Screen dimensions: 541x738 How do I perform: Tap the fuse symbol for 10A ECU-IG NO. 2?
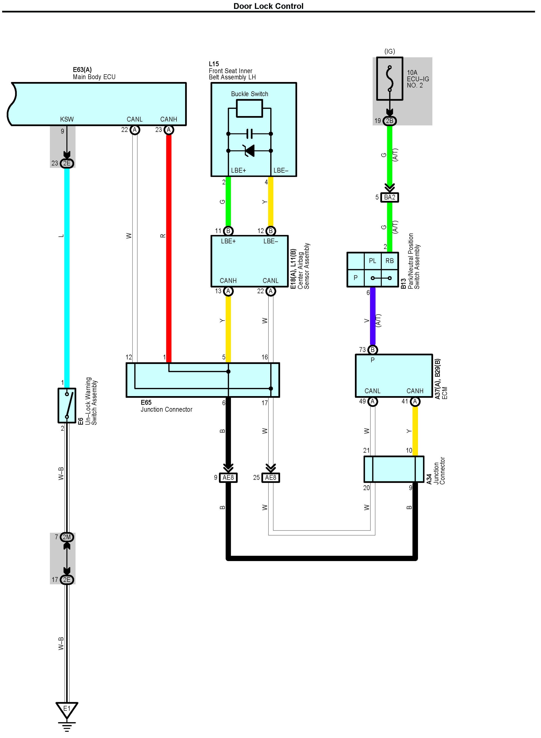[389, 79]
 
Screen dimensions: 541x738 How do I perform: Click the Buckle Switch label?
[250, 94]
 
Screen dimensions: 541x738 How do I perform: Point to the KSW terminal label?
[67, 120]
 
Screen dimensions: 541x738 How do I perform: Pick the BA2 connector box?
[389, 198]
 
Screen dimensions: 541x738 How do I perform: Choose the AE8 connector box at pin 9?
[228, 478]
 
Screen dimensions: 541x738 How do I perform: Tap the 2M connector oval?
[67, 537]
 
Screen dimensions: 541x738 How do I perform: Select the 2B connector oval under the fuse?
[389, 121]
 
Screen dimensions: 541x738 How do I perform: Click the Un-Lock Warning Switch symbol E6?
[67, 405]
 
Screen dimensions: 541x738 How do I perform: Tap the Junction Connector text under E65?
[166, 410]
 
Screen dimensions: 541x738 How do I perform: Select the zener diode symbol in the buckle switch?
[250, 151]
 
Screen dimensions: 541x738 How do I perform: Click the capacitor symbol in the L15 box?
[250, 134]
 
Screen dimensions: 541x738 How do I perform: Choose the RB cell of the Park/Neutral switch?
[389, 261]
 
